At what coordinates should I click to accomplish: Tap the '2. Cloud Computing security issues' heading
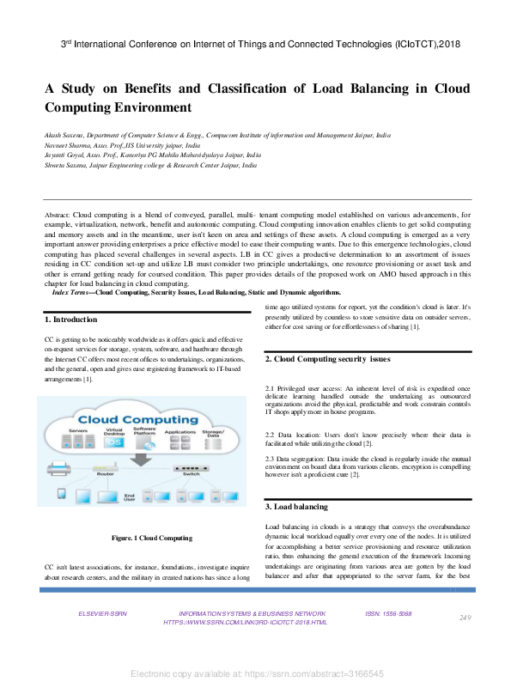327,358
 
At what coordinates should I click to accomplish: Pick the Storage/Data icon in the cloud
212,443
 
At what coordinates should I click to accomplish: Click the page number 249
465,618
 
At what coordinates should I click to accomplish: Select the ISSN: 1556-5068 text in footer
388,614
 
